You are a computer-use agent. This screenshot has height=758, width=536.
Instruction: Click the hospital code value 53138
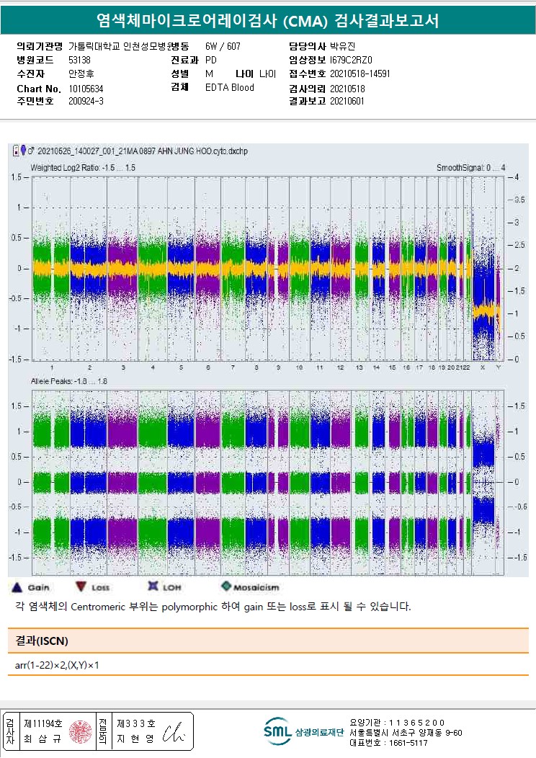[79, 60]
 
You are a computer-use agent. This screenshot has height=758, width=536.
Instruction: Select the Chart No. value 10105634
[86, 88]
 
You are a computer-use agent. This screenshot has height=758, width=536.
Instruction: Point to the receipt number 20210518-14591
[360, 73]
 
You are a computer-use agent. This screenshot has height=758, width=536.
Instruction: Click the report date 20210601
[347, 102]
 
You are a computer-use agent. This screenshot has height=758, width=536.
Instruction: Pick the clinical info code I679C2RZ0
[351, 60]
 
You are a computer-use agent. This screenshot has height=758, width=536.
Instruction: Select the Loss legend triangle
[81, 587]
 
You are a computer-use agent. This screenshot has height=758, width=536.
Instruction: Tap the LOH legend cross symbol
[153, 587]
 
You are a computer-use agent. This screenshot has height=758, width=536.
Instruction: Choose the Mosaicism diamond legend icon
[226, 587]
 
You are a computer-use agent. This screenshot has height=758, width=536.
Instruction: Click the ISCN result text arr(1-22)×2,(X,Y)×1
[57, 665]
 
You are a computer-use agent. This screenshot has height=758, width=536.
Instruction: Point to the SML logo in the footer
[277, 731]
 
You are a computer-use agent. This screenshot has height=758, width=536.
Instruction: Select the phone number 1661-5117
[407, 742]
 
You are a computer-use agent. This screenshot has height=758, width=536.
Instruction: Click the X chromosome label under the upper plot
[482, 367]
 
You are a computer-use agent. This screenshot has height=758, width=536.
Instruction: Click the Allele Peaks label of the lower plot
[51, 380]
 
